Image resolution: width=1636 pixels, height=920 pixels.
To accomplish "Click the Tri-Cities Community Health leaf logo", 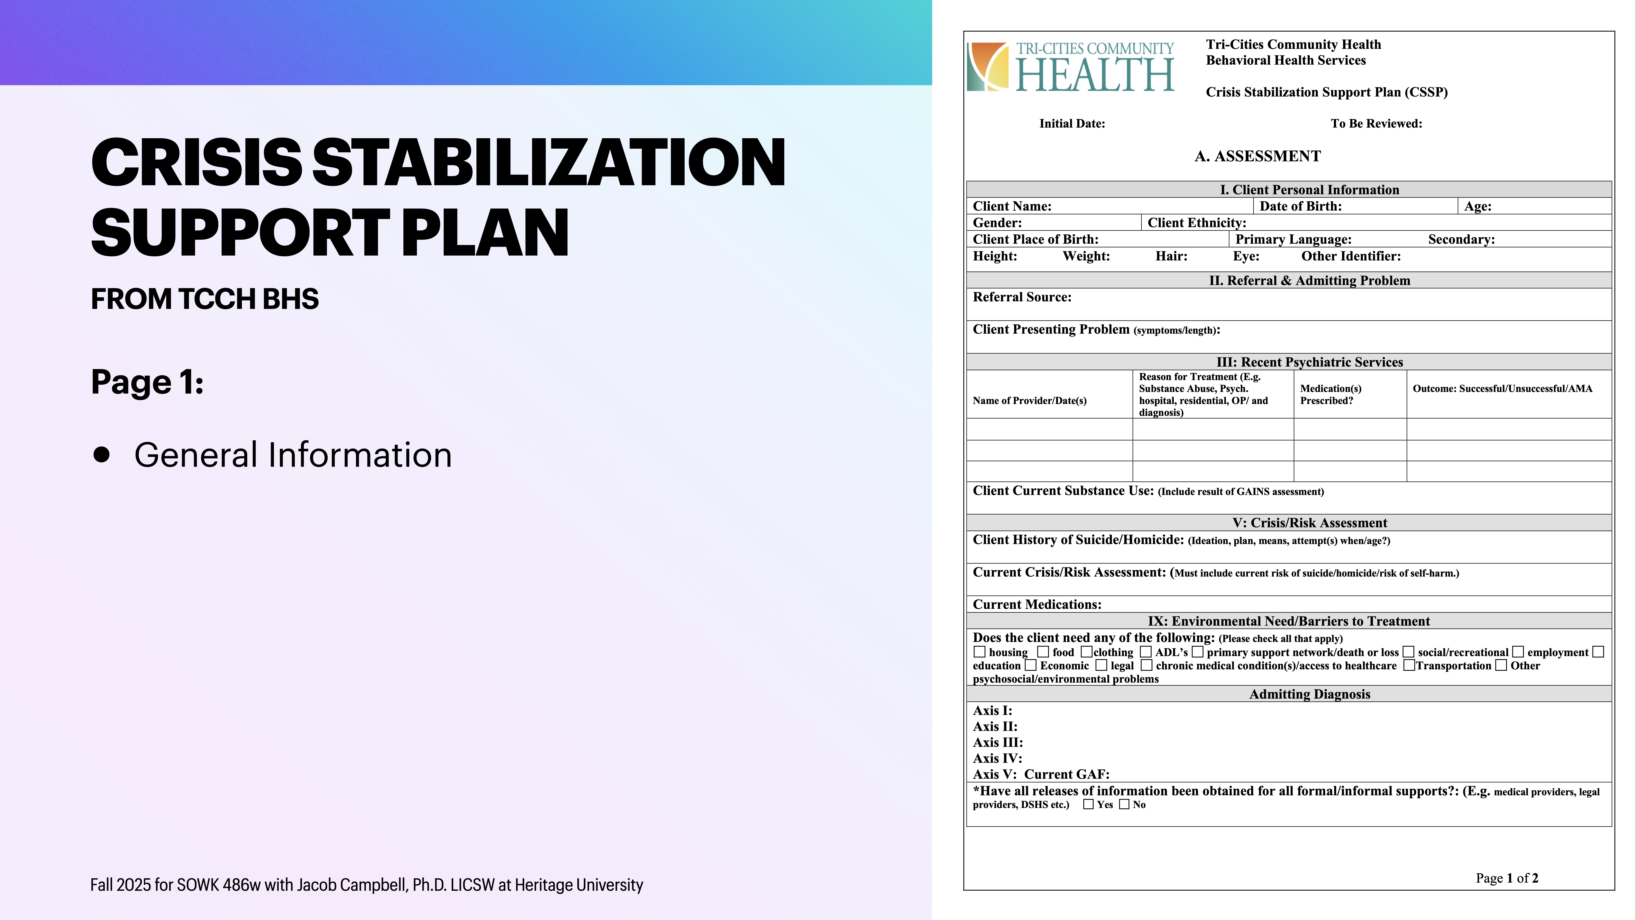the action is [x=988, y=67].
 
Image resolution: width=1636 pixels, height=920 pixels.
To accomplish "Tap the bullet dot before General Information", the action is [x=101, y=455].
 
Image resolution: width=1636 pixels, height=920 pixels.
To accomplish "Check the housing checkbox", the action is [x=979, y=652].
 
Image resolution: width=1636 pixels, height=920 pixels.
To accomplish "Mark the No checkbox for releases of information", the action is [x=1124, y=804].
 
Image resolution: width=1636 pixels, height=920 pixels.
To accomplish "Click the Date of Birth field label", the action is [x=1300, y=206].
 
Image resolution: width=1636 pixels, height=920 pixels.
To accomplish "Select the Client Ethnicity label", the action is [x=1197, y=223].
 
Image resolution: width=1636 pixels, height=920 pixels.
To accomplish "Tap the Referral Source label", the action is [x=1021, y=297].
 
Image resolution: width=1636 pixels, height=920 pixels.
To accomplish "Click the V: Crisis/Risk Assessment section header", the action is [x=1310, y=523].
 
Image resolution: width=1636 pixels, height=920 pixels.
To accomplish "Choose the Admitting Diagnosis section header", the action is [x=1310, y=694].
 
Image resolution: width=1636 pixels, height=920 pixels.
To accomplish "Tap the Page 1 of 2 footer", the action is [x=1506, y=878].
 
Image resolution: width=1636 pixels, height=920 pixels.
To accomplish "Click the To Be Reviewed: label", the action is [x=1376, y=124].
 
